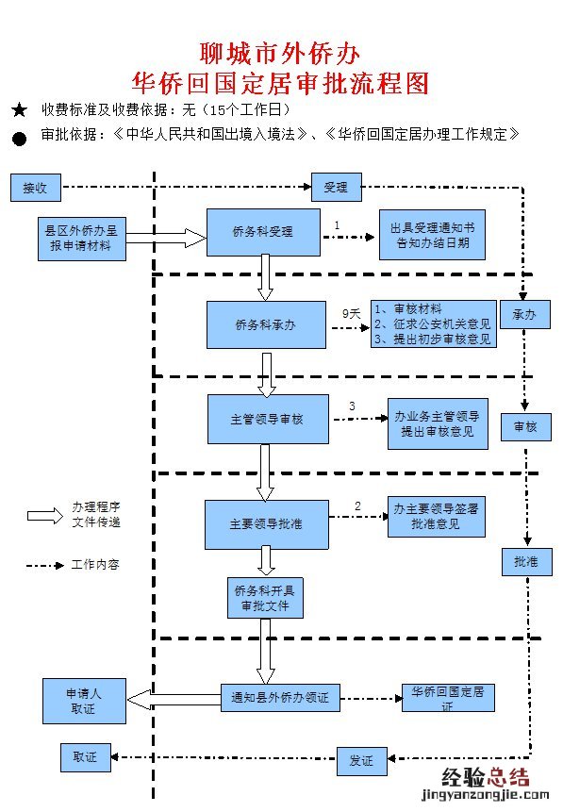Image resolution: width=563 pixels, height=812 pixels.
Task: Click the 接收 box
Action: [35, 188]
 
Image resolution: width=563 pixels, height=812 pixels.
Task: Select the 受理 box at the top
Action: [336, 188]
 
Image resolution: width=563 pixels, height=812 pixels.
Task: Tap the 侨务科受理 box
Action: [263, 231]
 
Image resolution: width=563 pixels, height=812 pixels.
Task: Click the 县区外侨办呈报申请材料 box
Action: [81, 238]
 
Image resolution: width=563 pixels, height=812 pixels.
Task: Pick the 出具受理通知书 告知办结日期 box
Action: [431, 235]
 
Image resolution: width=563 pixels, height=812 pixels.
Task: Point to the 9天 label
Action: [351, 312]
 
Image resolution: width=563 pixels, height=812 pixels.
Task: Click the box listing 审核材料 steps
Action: [432, 324]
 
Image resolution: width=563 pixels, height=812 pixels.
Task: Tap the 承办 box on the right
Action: [524, 315]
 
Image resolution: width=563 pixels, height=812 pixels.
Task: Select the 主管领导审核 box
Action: [268, 419]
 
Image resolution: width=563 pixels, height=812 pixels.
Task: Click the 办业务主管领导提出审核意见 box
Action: [438, 423]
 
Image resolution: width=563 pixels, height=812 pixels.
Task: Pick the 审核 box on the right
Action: [525, 426]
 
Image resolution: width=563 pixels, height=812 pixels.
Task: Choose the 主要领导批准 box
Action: [267, 523]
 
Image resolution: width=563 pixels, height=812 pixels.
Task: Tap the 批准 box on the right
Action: [525, 561]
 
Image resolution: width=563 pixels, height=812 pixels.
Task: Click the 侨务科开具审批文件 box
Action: [265, 597]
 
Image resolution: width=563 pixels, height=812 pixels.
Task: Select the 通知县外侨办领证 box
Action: [279, 699]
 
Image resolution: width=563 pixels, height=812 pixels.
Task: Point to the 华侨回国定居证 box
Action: [448, 698]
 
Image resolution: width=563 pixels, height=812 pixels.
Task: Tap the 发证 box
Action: [362, 760]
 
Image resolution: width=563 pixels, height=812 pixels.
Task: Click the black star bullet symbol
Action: [20, 110]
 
